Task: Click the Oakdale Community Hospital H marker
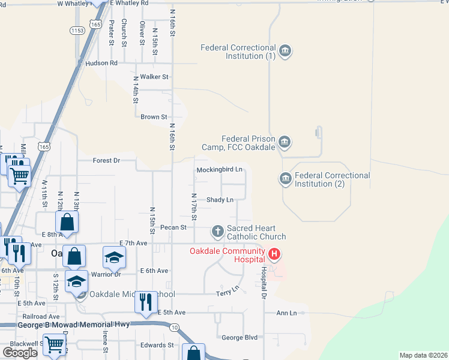[x=274, y=255]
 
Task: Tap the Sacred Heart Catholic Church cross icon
[x=217, y=230]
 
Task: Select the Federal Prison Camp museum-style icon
[x=285, y=142]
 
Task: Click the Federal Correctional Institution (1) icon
[x=285, y=51]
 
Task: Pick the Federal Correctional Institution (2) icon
[x=285, y=179]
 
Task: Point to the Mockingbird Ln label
[x=220, y=170]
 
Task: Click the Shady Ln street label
[x=220, y=199]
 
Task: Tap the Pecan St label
[x=174, y=227]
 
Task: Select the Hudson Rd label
[x=101, y=62]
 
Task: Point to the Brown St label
[x=154, y=117]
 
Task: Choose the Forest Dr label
[x=107, y=160]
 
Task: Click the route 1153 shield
[x=77, y=30]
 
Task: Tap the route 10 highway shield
[x=174, y=327]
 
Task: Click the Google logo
[x=20, y=352]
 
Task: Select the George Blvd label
[x=240, y=337]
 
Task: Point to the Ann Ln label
[x=286, y=313]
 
